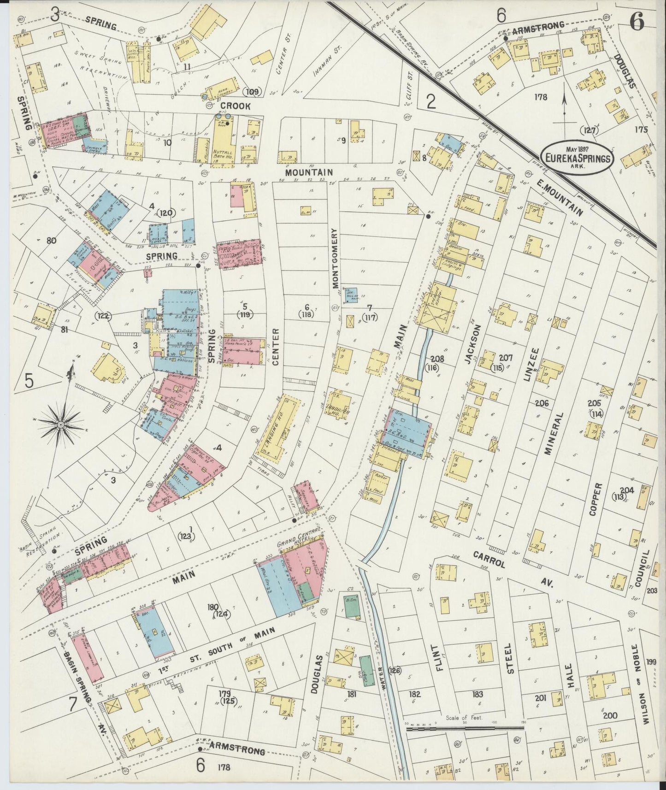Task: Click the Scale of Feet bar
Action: pyautogui.click(x=465, y=729)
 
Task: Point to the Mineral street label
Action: pyautogui.click(x=559, y=433)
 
